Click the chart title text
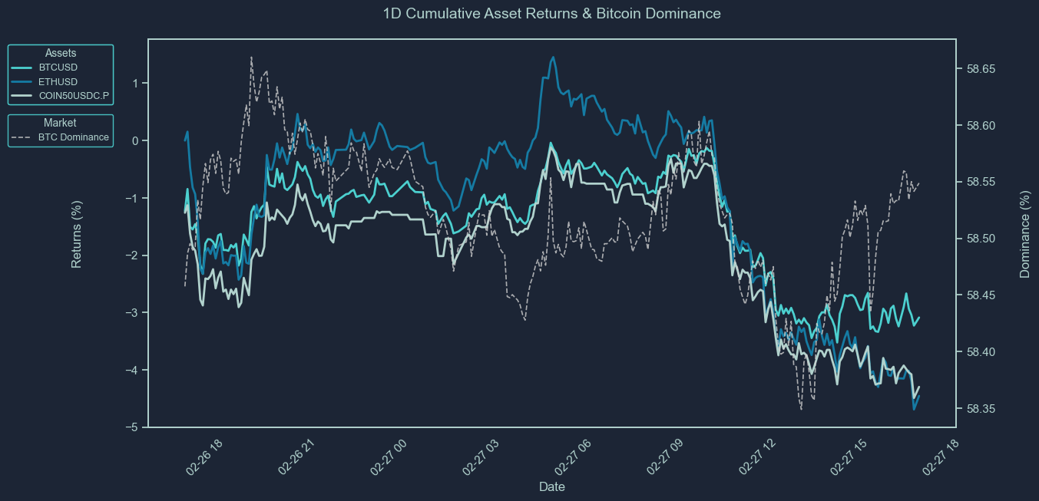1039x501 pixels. pyautogui.click(x=551, y=13)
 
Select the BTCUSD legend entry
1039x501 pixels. pyautogui.click(x=58, y=68)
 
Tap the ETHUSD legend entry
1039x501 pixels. pyautogui.click(x=58, y=82)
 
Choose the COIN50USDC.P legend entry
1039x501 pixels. pyautogui.click(x=74, y=97)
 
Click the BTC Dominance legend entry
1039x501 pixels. pyautogui.click(x=73, y=138)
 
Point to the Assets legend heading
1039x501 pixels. pyautogui.click(x=61, y=53)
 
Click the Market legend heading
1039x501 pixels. pyautogui.click(x=60, y=123)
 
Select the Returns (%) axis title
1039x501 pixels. pyautogui.click(x=77, y=233)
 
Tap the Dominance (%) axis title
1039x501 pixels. pyautogui.click(x=1024, y=233)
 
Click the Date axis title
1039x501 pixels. pyautogui.click(x=552, y=487)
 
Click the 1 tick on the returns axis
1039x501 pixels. pyautogui.click(x=136, y=83)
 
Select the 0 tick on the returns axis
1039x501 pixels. pyautogui.click(x=136, y=140)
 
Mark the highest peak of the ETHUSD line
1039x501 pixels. pyautogui.click(x=553, y=57)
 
